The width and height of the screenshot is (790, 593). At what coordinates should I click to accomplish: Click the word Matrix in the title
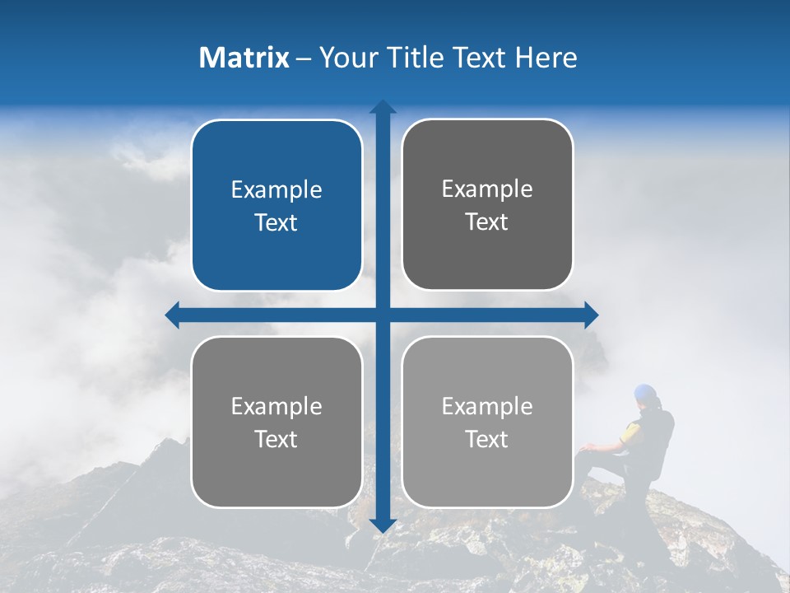coord(244,58)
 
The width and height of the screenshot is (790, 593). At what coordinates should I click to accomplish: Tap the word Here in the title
coord(546,58)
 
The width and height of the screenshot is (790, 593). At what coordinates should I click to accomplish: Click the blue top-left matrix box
coord(276,205)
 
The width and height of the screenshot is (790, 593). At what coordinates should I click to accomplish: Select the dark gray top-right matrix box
coord(487,204)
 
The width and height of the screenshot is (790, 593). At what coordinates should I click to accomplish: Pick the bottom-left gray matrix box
coord(276,422)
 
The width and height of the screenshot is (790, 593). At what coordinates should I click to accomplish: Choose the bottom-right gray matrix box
coord(487,422)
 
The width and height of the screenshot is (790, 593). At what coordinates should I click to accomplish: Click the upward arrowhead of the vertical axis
coord(383,106)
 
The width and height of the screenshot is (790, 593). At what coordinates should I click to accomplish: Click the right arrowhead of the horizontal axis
coord(591,315)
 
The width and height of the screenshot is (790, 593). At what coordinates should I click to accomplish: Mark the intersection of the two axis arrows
coord(383,315)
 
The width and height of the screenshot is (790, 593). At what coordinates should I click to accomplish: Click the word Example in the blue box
coord(276,190)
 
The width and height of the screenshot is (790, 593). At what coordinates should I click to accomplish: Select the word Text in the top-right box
coord(487,222)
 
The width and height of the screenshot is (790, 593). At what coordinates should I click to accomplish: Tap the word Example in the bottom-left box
coord(276,406)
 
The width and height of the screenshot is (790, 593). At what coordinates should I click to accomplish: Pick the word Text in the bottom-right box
coord(487,439)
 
